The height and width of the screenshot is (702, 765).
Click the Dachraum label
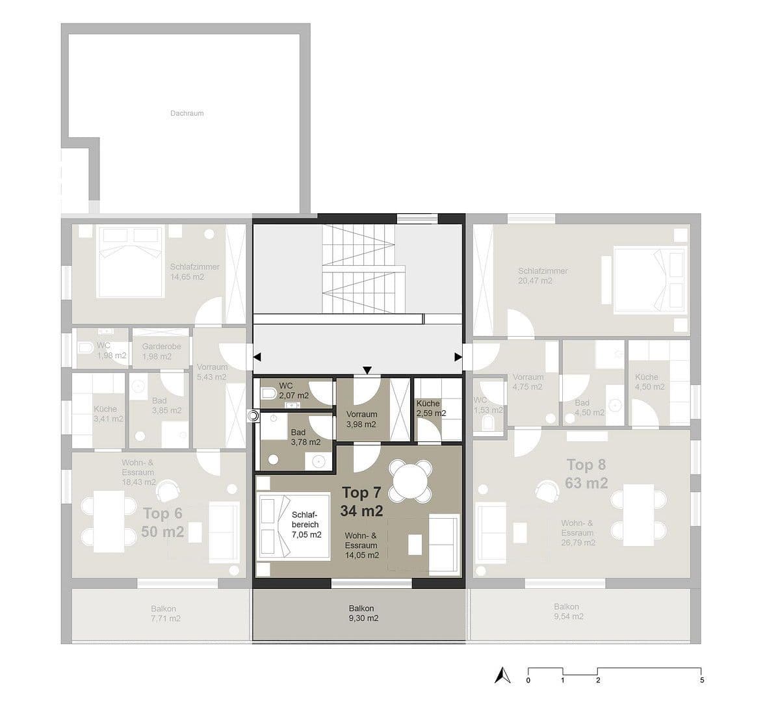(187, 113)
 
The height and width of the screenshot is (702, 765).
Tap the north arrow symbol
(499, 675)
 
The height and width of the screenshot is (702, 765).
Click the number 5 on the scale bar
(701, 681)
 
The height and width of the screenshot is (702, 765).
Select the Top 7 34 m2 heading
(361, 501)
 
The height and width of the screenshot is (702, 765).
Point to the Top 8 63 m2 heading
(586, 474)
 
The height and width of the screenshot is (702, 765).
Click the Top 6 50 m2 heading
(162, 523)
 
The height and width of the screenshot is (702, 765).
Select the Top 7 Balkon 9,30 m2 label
(363, 614)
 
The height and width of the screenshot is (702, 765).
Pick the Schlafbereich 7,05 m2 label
(307, 525)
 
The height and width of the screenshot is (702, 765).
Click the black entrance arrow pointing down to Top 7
(367, 370)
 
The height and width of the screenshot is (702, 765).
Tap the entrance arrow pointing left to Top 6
(257, 357)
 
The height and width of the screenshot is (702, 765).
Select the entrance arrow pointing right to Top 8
(458, 357)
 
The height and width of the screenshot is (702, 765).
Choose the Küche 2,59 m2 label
(431, 408)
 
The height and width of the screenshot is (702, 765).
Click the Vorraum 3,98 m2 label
(361, 419)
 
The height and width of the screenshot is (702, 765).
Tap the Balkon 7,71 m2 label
(164, 614)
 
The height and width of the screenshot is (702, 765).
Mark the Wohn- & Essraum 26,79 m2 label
(577, 532)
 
